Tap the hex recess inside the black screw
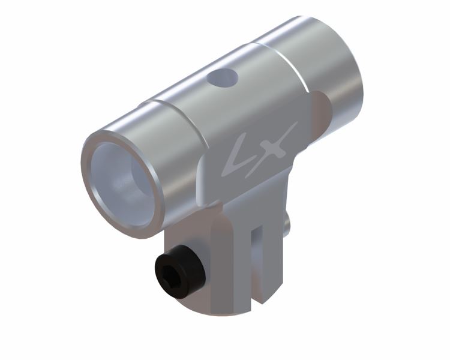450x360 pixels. [x=168, y=272]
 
